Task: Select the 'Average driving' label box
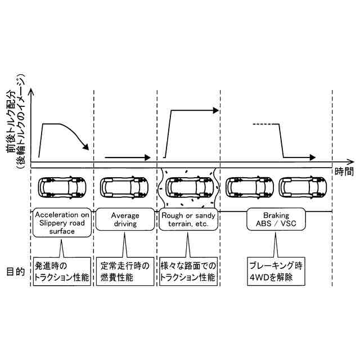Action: click(124, 219)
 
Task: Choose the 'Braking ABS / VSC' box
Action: click(276, 219)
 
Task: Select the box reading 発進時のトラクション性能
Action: click(62, 272)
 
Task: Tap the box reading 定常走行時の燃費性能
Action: click(125, 272)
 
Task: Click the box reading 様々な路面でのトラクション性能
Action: click(187, 272)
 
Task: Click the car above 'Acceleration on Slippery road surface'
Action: click(61, 187)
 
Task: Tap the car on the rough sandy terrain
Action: click(188, 187)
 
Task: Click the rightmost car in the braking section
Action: click(304, 187)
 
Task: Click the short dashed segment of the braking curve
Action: click(262, 124)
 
